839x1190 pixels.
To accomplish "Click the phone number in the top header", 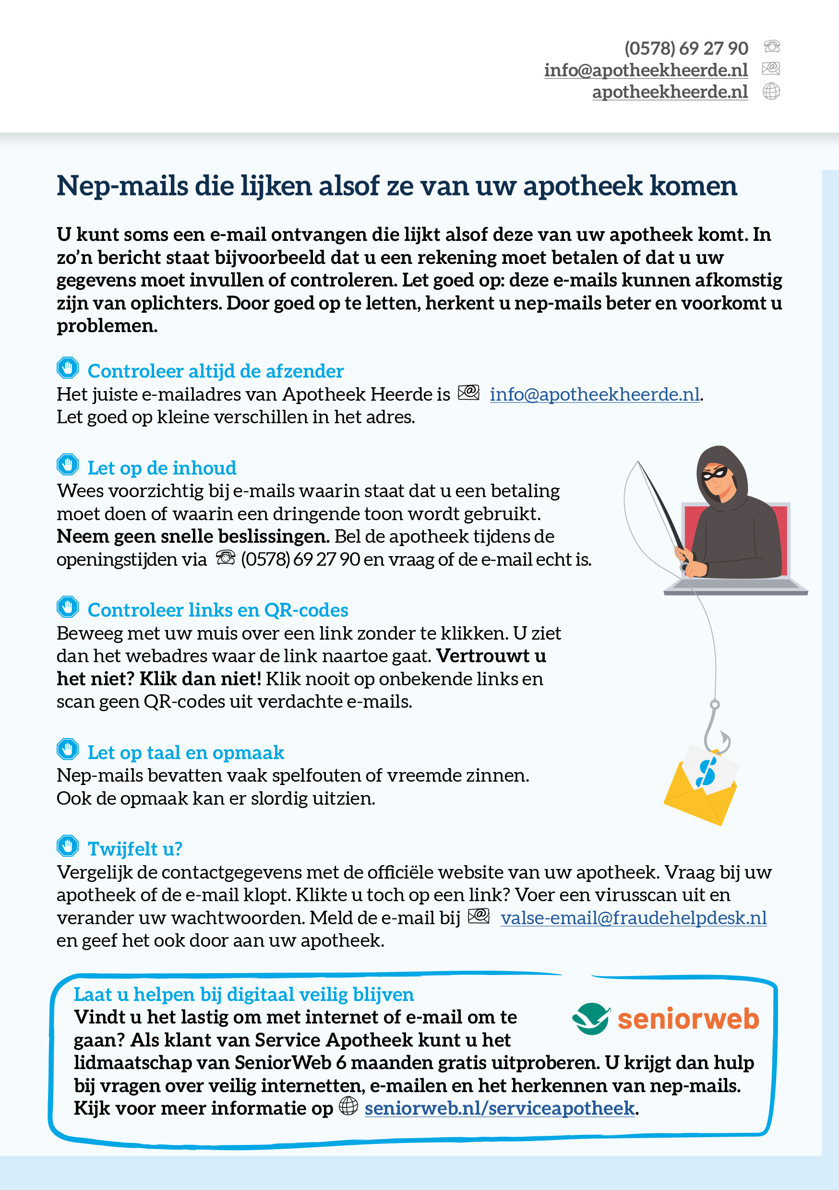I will click(x=685, y=48).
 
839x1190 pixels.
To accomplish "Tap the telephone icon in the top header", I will click(x=772, y=47).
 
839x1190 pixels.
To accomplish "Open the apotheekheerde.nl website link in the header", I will click(x=670, y=92).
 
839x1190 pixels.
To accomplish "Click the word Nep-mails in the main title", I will click(x=122, y=186).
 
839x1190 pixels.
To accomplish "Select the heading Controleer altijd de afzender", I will click(x=215, y=371).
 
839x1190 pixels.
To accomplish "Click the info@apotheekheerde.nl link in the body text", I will click(x=594, y=394).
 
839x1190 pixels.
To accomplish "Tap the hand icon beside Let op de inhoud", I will click(x=67, y=464).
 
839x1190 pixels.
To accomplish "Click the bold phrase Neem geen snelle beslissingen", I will click(x=193, y=536).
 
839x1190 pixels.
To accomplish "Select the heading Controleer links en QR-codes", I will click(x=217, y=610).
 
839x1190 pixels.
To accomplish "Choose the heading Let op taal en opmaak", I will click(x=186, y=752).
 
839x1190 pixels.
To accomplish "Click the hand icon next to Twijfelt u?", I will click(x=67, y=846).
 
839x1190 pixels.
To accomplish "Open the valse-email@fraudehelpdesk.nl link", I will click(x=633, y=918).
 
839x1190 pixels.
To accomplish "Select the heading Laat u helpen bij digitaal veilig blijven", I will click(x=244, y=994).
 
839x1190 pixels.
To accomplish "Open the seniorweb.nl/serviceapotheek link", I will click(x=499, y=1108).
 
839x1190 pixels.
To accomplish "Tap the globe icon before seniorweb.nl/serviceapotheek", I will click(x=348, y=1106).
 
